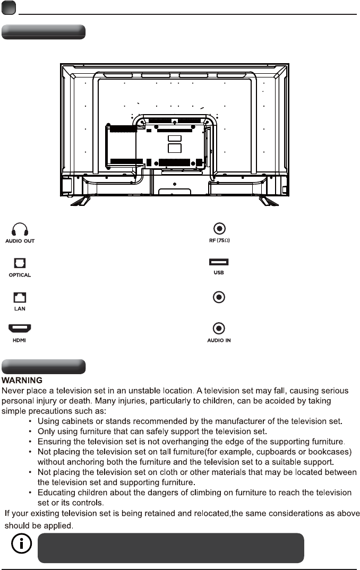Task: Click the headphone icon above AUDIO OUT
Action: tap(20, 229)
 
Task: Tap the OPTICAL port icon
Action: tap(20, 263)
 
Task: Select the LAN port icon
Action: tap(20, 297)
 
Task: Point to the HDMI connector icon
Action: tap(20, 330)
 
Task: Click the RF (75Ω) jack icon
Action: tap(218, 229)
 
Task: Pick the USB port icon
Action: tap(218, 262)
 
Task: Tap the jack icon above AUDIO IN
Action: tap(218, 329)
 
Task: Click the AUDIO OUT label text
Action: tap(20, 241)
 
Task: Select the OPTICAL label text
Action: tap(20, 275)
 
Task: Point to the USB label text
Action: tap(218, 273)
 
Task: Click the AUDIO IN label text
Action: tap(218, 340)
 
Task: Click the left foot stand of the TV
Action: tap(79, 201)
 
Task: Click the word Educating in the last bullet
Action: tap(56, 493)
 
